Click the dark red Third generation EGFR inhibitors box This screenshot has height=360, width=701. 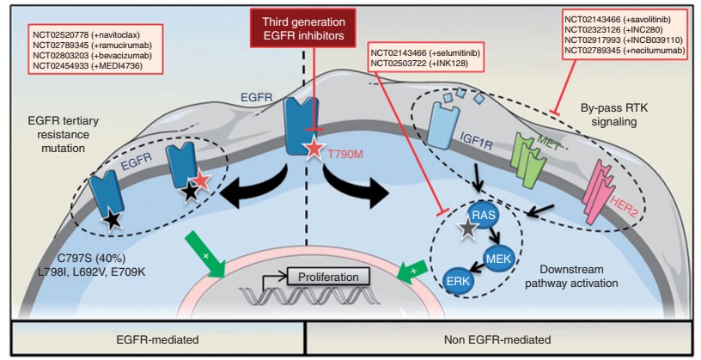[x=303, y=27]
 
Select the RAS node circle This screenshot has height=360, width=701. [x=484, y=216]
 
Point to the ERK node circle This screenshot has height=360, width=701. [x=458, y=281]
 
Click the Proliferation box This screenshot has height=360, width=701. [x=328, y=277]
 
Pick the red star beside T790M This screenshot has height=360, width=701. [x=314, y=149]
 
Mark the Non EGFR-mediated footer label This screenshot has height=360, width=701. [x=497, y=340]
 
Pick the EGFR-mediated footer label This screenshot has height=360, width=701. [x=157, y=340]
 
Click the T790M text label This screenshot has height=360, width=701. [x=346, y=155]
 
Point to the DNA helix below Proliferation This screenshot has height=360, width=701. [x=309, y=296]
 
